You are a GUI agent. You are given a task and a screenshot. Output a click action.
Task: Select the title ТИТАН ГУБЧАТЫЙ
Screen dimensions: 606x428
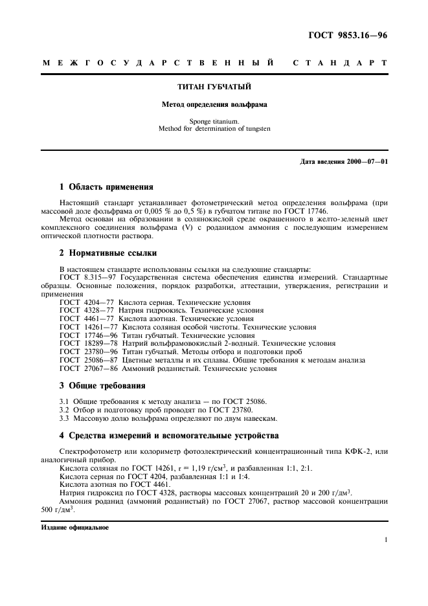pyautogui.click(x=214, y=86)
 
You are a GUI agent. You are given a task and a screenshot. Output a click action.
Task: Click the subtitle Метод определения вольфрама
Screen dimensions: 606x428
pyautogui.click(x=214, y=104)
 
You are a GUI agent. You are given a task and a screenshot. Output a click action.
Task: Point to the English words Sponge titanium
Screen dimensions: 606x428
pyautogui.click(x=214, y=121)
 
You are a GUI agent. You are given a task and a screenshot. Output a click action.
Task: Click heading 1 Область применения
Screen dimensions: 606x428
pyautogui.click(x=106, y=188)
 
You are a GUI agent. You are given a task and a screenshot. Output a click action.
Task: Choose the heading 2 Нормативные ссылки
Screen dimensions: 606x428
pyautogui.click(x=108, y=252)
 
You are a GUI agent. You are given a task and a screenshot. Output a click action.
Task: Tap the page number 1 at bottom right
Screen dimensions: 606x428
pyautogui.click(x=385, y=539)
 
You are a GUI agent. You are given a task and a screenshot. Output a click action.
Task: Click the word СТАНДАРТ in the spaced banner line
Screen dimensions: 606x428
pyautogui.click(x=340, y=63)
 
